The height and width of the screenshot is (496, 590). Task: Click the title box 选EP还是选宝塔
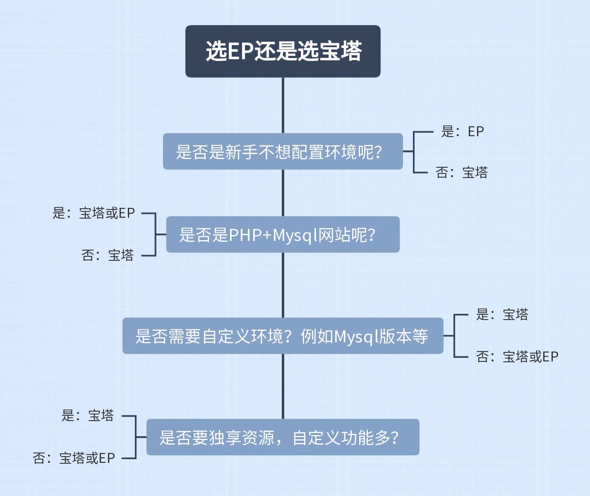tap(283, 51)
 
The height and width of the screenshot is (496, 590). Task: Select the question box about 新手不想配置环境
tap(283, 152)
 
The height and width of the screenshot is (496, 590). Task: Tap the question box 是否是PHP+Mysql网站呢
tap(283, 234)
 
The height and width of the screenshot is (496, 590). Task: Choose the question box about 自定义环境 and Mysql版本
tap(283, 336)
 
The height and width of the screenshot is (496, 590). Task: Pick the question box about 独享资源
tap(283, 437)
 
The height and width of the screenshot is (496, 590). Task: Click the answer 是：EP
tap(462, 132)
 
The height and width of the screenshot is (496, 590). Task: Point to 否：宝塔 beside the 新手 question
tap(461, 172)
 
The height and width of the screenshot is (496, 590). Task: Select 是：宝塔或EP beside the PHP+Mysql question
tap(94, 213)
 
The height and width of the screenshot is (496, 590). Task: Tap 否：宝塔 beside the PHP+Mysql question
tap(108, 255)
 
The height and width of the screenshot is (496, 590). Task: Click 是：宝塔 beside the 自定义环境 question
tap(502, 315)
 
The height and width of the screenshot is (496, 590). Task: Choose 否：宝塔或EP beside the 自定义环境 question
tap(517, 356)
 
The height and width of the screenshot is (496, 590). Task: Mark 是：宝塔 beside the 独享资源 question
tap(87, 415)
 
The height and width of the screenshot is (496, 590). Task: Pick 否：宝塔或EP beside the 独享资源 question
tap(74, 458)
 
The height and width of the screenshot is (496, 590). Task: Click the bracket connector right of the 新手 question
tap(414, 152)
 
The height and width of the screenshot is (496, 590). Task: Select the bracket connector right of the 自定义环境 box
tap(454, 336)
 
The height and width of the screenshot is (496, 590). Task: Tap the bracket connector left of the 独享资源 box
tap(136, 437)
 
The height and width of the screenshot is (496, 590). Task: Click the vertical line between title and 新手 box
tap(283, 105)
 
